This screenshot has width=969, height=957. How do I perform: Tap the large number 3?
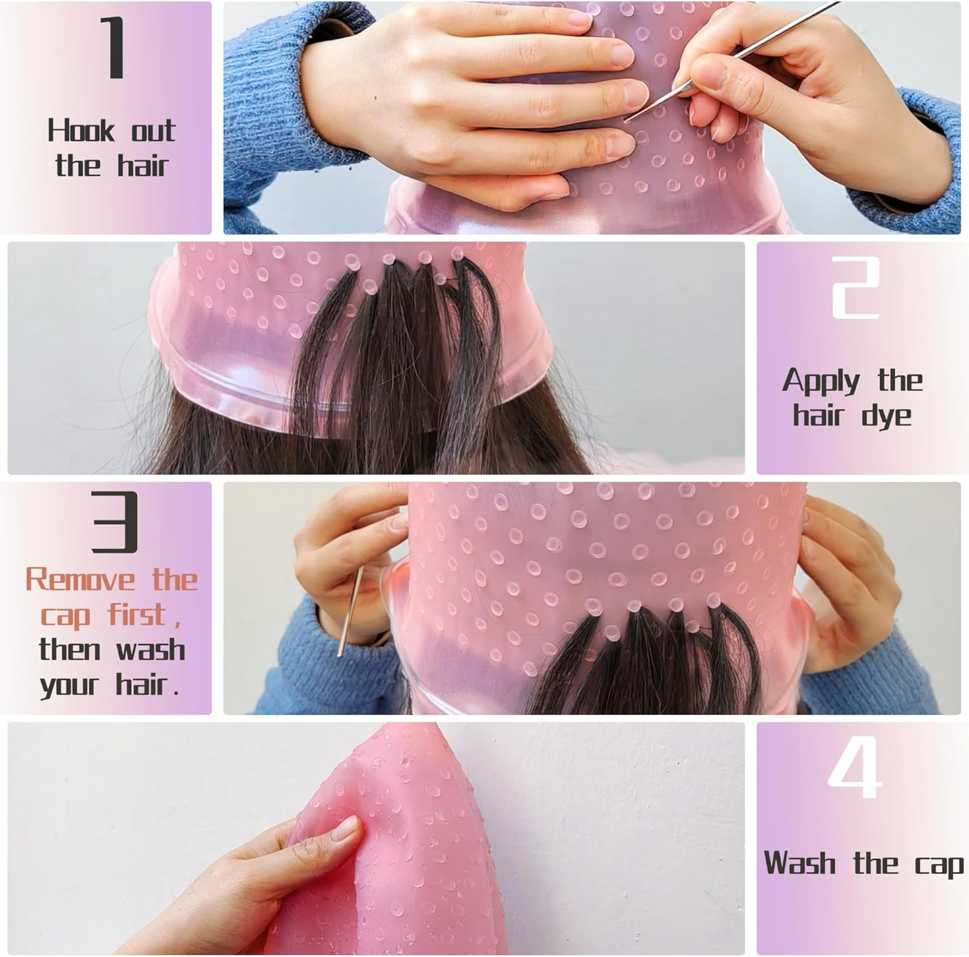pos(114,522)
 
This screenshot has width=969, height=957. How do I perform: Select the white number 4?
pos(855,768)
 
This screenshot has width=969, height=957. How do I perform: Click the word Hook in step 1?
pos(80,131)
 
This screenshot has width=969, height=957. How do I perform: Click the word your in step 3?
pos(68,684)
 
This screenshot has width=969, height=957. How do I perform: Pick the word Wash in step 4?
pos(800,863)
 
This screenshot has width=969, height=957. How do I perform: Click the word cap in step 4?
pos(939,865)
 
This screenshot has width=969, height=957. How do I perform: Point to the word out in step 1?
pos(153,131)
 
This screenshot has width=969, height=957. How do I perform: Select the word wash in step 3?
pos(151,649)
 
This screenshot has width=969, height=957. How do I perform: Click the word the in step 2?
pos(899,381)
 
